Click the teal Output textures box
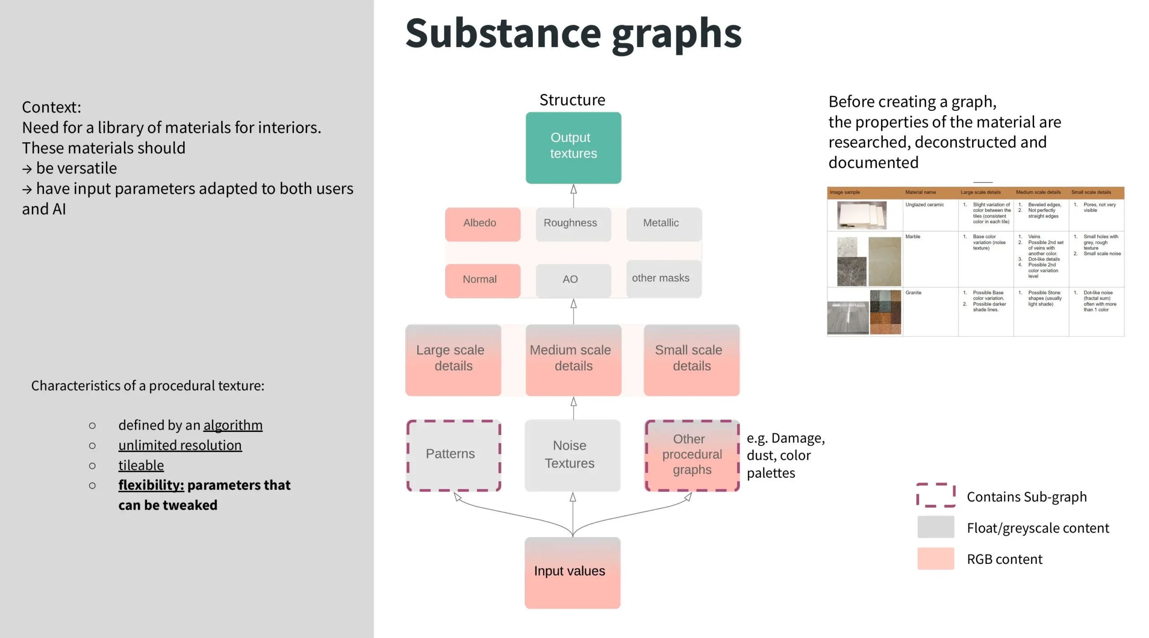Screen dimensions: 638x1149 (573, 148)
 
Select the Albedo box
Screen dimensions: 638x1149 (482, 224)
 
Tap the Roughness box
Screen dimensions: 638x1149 (573, 224)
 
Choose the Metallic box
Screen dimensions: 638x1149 (663, 224)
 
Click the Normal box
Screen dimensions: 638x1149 (482, 280)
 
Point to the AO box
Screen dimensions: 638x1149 (573, 280)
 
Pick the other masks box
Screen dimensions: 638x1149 (663, 279)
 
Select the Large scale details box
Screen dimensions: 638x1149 (453, 359)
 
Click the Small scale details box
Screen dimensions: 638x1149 (691, 359)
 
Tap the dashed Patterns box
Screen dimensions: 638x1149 (453, 455)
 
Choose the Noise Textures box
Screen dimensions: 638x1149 (572, 455)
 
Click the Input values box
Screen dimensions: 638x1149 (572, 572)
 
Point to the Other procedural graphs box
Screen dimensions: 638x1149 (692, 455)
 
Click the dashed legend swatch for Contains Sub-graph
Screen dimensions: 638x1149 (935, 496)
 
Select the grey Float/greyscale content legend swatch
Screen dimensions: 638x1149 (935, 527)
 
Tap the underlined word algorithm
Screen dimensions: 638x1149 (233, 425)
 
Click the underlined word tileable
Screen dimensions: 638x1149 (141, 465)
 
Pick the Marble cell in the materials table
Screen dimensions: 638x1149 (912, 237)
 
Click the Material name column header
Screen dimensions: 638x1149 (920, 192)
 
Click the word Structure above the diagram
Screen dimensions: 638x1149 (572, 100)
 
